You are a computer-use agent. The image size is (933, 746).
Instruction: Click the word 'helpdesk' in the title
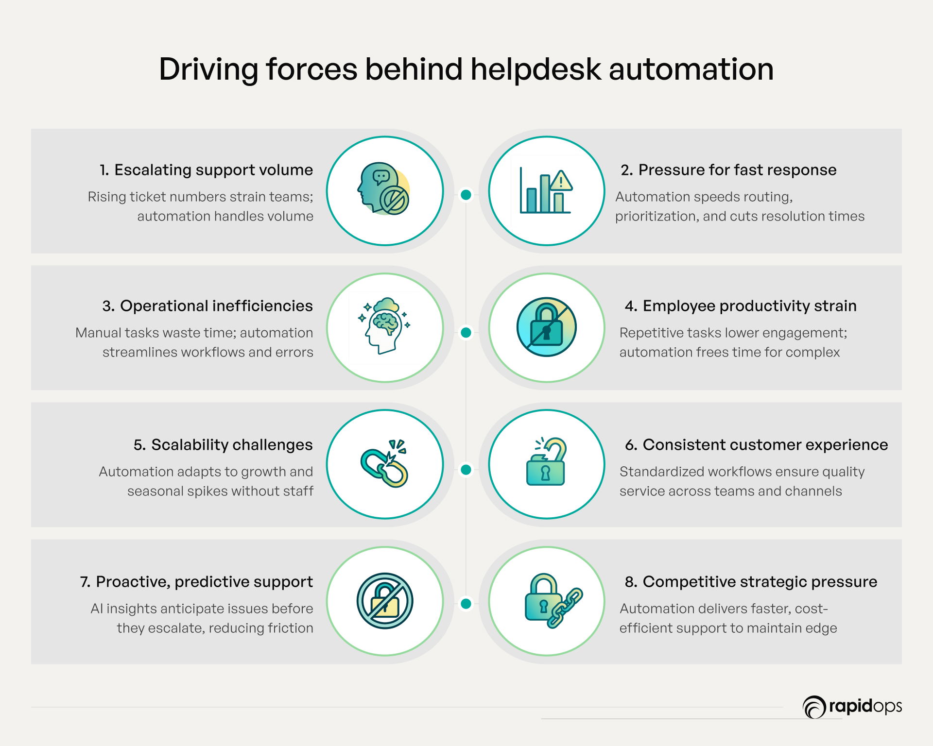click(536, 69)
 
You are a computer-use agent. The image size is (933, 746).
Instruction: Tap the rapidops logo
click(852, 707)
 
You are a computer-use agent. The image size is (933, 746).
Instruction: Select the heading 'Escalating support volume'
click(213, 170)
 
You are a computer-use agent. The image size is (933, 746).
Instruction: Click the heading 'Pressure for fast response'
click(737, 170)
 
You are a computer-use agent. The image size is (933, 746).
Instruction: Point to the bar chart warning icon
click(546, 191)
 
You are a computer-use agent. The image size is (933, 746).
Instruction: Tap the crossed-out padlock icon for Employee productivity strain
click(546, 327)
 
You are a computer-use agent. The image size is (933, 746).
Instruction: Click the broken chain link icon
click(385, 464)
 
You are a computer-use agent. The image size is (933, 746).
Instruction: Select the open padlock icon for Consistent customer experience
click(546, 462)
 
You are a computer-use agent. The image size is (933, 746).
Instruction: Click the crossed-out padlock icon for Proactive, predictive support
click(385, 601)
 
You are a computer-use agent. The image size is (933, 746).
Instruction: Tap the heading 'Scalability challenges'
click(231, 445)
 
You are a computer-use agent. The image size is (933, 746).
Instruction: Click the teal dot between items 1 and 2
click(466, 195)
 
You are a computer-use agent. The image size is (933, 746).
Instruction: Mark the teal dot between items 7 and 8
click(466, 604)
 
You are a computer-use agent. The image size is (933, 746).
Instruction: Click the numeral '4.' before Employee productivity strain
click(631, 306)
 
